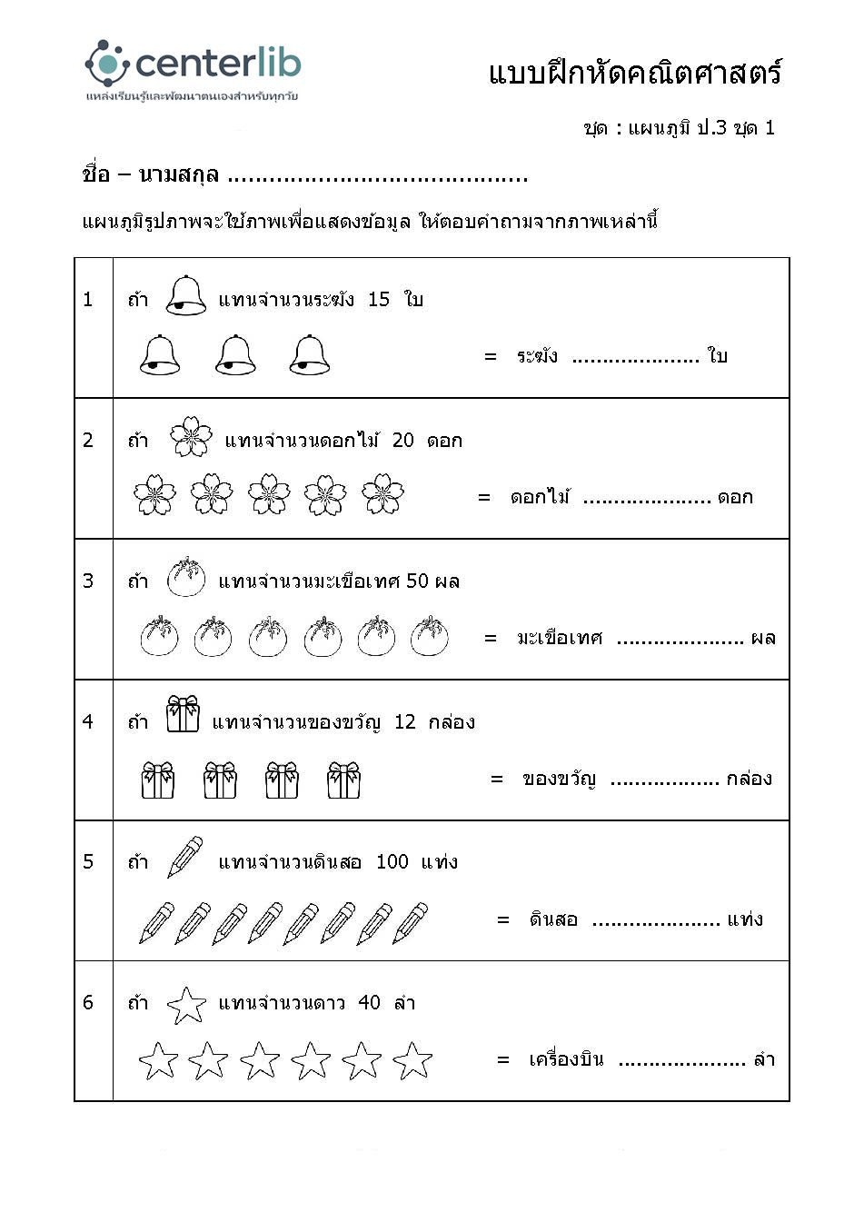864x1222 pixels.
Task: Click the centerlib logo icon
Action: click(x=107, y=63)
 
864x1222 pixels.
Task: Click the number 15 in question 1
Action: click(x=379, y=299)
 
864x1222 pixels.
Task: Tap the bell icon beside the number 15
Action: click(x=186, y=296)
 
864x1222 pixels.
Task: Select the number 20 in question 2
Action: click(x=403, y=441)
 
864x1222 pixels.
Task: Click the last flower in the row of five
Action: click(x=382, y=494)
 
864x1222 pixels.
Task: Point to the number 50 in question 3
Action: click(x=418, y=581)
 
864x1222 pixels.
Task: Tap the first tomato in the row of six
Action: click(x=160, y=636)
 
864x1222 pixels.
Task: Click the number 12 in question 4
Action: click(x=405, y=722)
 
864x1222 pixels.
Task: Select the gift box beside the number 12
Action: click(x=183, y=715)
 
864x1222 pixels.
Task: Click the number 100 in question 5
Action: click(x=392, y=862)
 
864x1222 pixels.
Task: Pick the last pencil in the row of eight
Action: click(x=411, y=922)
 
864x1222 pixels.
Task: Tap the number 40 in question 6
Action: click(x=370, y=1003)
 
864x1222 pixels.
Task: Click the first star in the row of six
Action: click(x=158, y=1061)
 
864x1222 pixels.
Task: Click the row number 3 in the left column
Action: click(x=88, y=581)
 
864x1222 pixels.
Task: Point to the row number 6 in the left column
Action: click(x=88, y=1003)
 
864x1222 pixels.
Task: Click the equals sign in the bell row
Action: click(x=491, y=357)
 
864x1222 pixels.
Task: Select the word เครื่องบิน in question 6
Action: click(x=566, y=1059)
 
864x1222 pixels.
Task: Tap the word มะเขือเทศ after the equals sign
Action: click(x=560, y=638)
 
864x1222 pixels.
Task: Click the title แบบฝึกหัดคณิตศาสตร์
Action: click(x=635, y=74)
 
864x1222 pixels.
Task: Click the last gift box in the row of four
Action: click(x=343, y=780)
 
